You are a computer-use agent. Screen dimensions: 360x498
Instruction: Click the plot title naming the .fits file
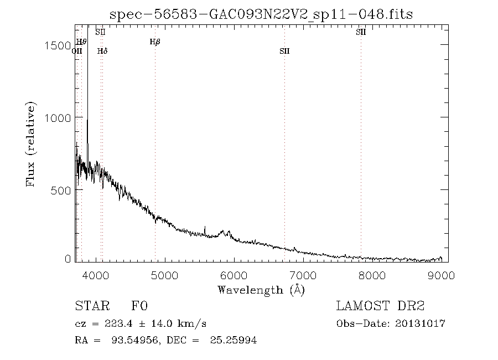tap(261, 14)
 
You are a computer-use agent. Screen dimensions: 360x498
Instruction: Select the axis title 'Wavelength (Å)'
tap(261, 290)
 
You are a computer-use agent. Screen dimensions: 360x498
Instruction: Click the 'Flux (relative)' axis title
tap(32, 144)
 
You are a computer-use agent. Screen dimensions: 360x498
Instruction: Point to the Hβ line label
tap(155, 42)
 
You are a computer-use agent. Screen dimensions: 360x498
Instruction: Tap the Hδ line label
tap(102, 51)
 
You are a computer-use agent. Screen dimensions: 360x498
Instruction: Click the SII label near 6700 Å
tap(284, 51)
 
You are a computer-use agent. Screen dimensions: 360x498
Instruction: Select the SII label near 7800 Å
tap(361, 32)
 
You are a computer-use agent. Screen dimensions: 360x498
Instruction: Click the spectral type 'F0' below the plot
tap(139, 306)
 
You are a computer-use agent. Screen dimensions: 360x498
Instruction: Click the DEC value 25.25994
tap(233, 340)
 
